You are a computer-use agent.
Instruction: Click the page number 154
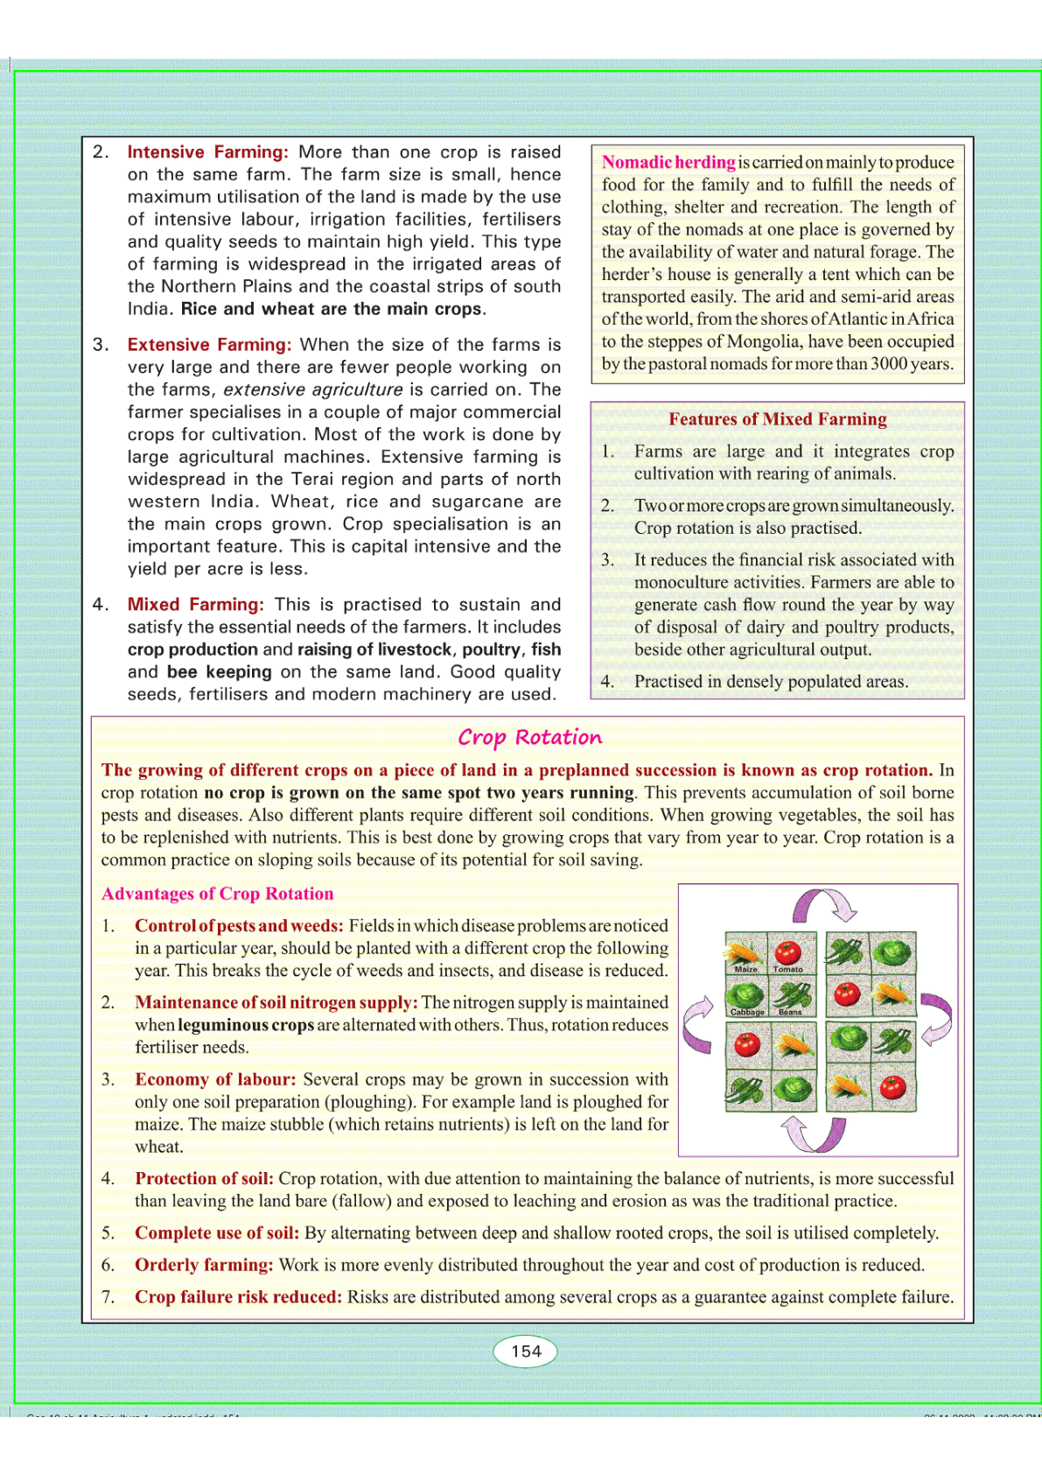tap(526, 1351)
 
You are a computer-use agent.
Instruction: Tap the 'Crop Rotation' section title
tap(530, 737)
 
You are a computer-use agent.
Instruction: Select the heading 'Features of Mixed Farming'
tap(778, 419)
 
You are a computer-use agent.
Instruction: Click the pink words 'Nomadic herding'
tap(668, 162)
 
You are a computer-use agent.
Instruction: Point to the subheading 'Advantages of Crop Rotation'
tap(218, 894)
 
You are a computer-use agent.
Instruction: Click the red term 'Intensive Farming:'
tap(207, 152)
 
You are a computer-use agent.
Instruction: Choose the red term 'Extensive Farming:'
tap(209, 345)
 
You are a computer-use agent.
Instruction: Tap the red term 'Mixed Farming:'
tap(195, 605)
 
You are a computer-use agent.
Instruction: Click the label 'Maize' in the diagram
tap(746, 969)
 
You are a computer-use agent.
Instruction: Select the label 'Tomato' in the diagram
tap(788, 969)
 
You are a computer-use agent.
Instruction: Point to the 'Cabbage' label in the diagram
tap(747, 1012)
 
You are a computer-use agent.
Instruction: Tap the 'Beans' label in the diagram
tap(790, 1012)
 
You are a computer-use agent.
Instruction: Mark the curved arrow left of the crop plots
tap(697, 1024)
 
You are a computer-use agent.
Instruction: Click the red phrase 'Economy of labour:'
tap(215, 1080)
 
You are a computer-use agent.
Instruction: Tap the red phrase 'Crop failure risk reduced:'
tap(238, 1297)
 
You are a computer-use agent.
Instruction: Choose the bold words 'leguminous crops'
tap(246, 1025)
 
